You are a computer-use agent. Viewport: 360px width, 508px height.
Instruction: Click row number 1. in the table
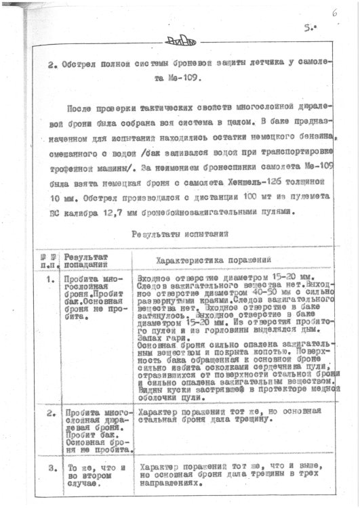pyautogui.click(x=50, y=279)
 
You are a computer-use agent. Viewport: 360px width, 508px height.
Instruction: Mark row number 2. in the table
pyautogui.click(x=50, y=412)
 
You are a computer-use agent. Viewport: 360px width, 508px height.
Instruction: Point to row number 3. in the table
pyautogui.click(x=50, y=468)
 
